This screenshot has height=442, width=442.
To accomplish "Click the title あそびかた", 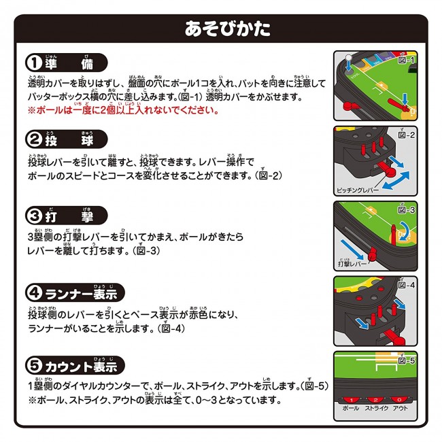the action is [x=228, y=29].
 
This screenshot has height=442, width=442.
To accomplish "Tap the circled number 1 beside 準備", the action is [x=35, y=63].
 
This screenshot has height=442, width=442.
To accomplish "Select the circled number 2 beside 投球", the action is [x=35, y=139].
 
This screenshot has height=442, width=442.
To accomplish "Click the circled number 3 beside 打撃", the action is [x=35, y=216].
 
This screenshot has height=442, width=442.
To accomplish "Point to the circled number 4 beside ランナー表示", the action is [x=35, y=292].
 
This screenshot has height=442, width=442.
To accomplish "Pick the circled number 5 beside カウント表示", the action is [x=35, y=365].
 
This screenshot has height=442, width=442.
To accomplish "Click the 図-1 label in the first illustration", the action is [x=406, y=60].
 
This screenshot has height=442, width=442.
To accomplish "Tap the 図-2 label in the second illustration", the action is [x=406, y=135].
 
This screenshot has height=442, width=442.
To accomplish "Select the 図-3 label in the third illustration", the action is [x=406, y=209].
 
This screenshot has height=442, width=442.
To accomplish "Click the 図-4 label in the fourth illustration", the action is [x=406, y=285].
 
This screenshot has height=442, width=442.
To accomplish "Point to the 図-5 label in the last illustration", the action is [x=406, y=360].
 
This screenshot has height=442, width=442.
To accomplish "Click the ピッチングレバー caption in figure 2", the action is [x=358, y=190].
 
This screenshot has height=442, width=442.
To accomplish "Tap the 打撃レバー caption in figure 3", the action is [x=352, y=263].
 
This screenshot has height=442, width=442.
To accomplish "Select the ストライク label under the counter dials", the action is [x=376, y=408].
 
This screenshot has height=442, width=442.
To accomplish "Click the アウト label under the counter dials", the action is [x=401, y=408].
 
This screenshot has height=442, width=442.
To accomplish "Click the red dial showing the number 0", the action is [x=399, y=400].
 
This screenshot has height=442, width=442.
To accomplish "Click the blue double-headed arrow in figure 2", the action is [x=396, y=180].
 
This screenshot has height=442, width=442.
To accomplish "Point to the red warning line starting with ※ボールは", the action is [x=123, y=109].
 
